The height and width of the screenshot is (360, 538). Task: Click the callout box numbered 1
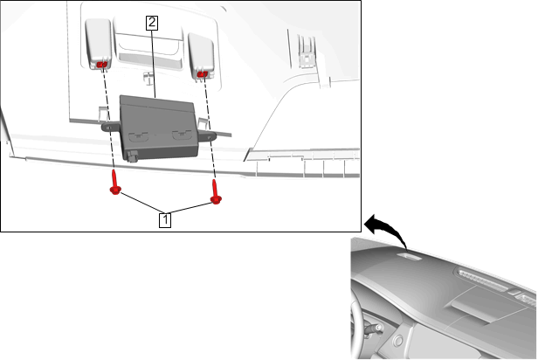pos(165,219)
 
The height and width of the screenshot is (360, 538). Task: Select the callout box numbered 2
pos(152,23)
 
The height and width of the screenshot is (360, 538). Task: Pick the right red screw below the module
pos(216,192)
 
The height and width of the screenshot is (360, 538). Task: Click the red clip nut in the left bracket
pos(101,64)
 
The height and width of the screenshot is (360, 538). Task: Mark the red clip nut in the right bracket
pos(202,73)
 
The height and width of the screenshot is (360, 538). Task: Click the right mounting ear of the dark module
pos(208,135)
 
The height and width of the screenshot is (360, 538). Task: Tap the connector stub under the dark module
pos(132,156)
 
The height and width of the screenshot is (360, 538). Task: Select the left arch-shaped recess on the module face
pos(138,137)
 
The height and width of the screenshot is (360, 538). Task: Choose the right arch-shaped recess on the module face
pos(183,135)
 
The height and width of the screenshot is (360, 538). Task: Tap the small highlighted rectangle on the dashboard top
pos(410,256)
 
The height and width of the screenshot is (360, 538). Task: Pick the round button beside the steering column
pos(398,341)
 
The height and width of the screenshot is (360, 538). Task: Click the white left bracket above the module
pos(99,44)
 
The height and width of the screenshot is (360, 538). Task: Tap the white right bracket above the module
pos(202,57)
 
